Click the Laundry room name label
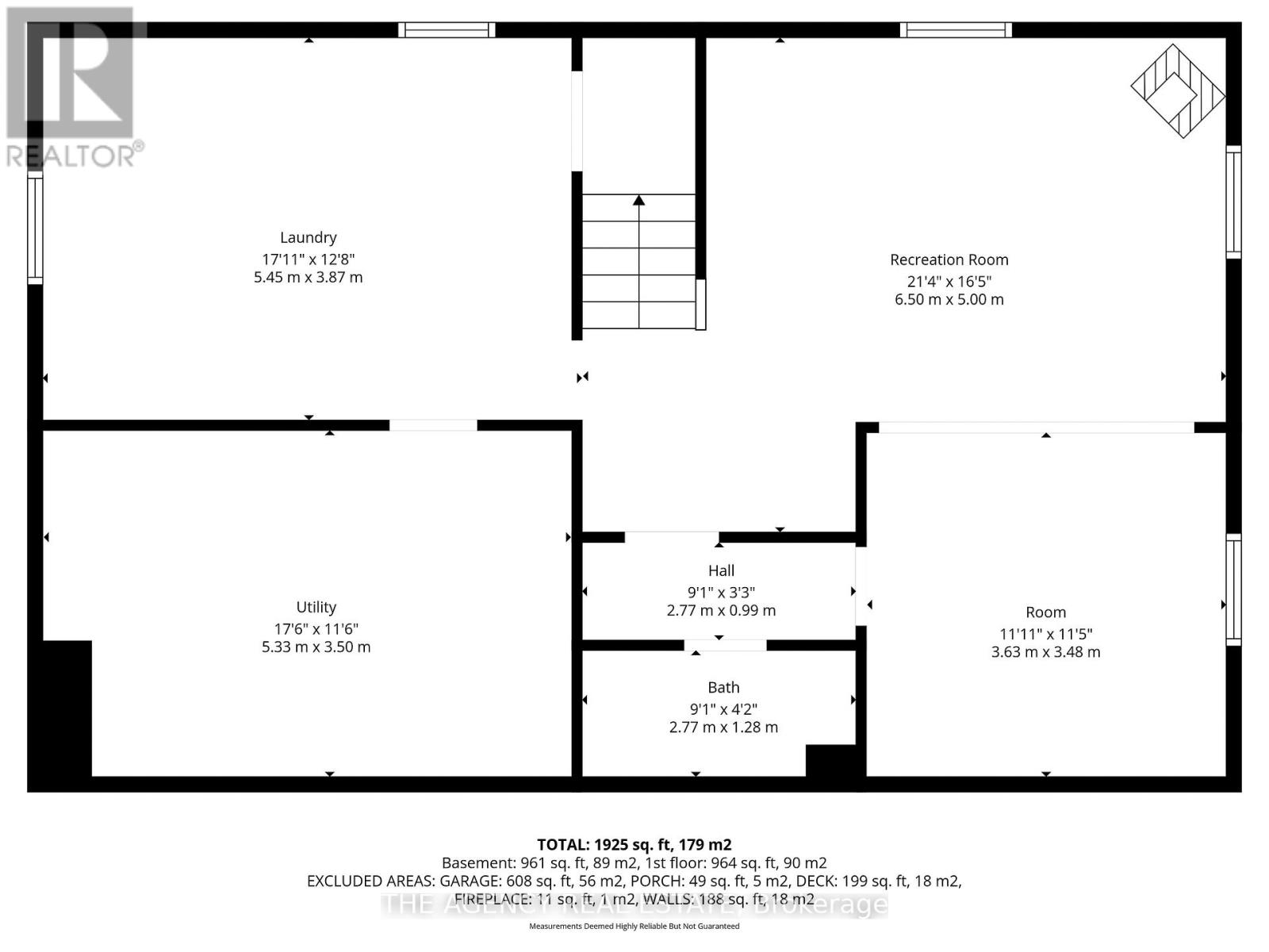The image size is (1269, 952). [308, 237]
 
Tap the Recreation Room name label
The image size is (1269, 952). [949, 259]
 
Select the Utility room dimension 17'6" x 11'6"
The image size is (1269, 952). [316, 628]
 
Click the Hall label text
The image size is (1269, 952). [721, 570]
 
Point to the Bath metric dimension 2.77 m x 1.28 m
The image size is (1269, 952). [723, 727]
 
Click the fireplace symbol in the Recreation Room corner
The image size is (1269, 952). [1177, 91]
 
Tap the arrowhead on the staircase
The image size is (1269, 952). [638, 201]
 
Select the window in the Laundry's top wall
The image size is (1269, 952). [447, 30]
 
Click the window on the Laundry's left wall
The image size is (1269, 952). [35, 229]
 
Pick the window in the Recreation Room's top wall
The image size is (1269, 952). [955, 30]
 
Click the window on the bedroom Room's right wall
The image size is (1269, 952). [1233, 589]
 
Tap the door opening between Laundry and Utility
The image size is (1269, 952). [433, 425]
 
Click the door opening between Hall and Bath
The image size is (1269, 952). [725, 645]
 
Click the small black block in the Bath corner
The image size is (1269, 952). [830, 760]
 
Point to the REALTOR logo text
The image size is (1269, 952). [75, 155]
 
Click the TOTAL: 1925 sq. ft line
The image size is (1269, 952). [634, 845]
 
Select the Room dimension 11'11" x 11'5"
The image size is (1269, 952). [1045, 633]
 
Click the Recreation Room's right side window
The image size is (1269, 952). [1233, 202]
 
